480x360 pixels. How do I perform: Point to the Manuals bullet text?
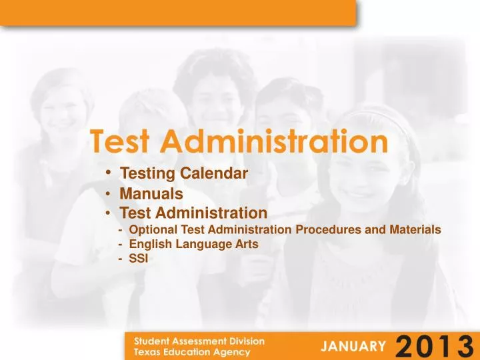point(151,194)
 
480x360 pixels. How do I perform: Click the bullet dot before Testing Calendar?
point(108,173)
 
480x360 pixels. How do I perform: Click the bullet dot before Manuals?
point(108,194)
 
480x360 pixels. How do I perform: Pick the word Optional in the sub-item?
point(151,230)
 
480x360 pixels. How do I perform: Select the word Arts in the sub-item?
point(246,244)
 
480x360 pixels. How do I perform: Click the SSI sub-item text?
point(137,259)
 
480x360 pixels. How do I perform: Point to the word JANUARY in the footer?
point(353,345)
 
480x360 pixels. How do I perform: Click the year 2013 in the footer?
point(434,345)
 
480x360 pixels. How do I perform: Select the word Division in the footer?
point(245,341)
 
